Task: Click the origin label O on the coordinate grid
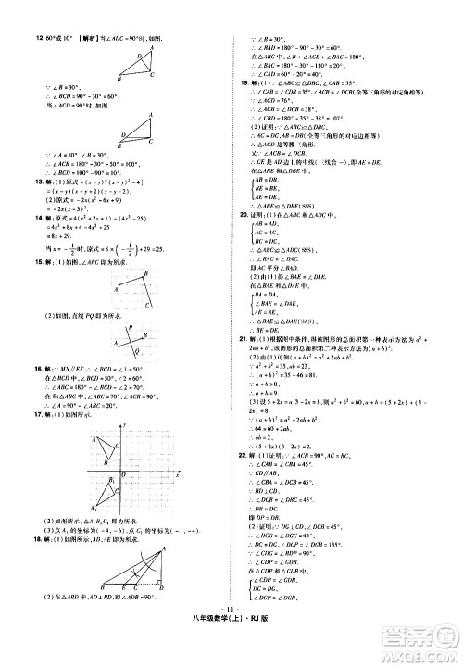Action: click(119, 483)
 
